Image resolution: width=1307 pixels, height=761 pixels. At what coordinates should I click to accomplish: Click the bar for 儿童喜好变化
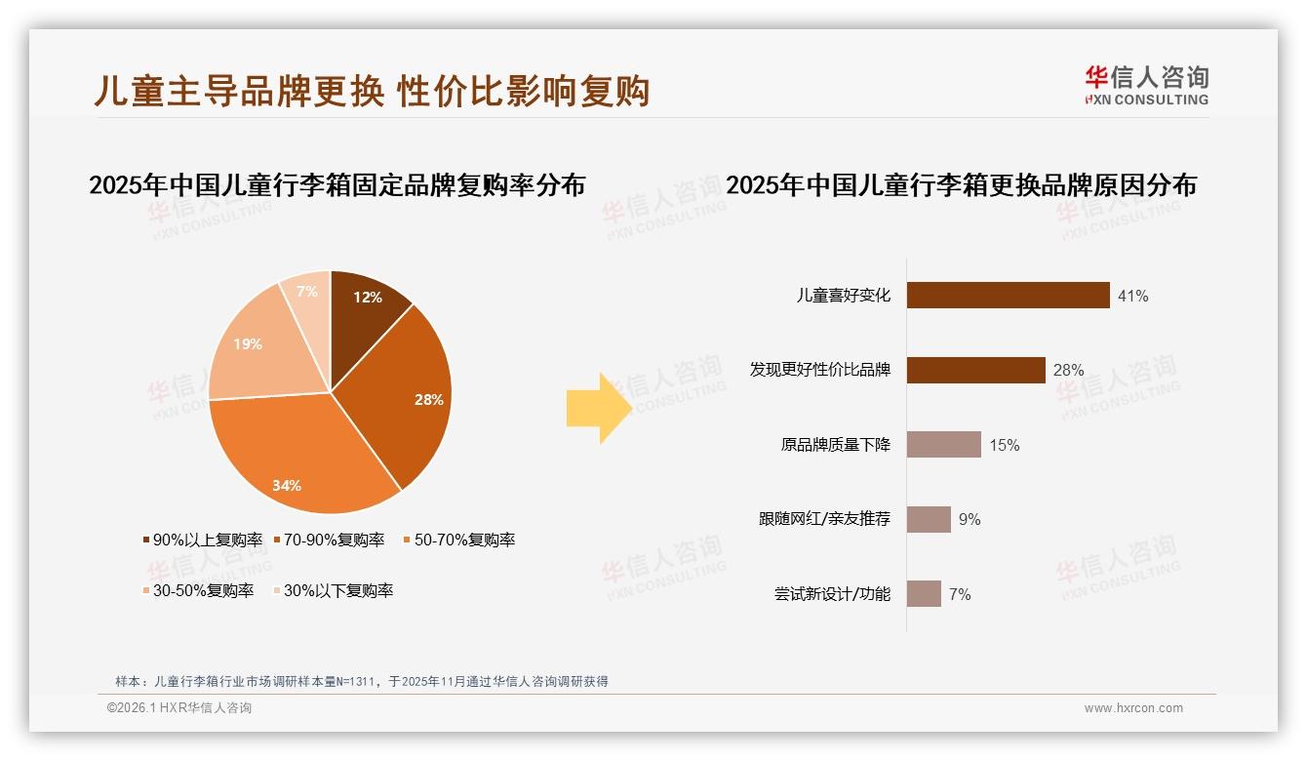[1008, 295]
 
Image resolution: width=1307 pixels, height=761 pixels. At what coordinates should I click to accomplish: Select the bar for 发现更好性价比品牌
[975, 370]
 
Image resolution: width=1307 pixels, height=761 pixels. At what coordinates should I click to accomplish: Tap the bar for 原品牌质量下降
[943, 445]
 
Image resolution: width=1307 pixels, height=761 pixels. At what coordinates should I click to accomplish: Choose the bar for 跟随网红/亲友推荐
[929, 519]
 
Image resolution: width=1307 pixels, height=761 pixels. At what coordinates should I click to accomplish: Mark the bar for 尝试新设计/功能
[924, 594]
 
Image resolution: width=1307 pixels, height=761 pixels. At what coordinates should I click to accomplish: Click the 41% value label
[1133, 296]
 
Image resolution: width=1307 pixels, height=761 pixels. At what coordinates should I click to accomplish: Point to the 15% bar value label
[1005, 446]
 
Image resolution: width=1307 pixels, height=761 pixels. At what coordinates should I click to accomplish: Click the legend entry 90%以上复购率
[203, 540]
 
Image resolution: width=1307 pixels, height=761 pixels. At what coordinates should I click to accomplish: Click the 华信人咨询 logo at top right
[1146, 85]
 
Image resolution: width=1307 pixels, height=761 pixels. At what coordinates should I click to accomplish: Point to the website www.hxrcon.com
[1133, 708]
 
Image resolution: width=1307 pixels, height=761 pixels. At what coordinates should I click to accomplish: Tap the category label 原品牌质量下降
[835, 445]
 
